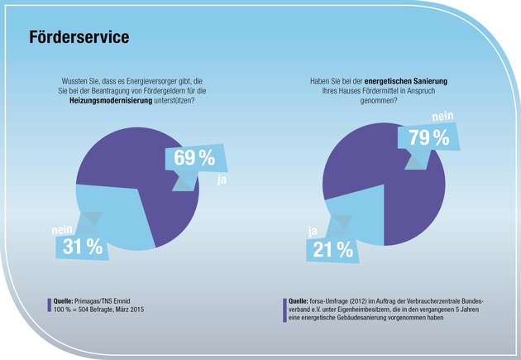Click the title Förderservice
point(79,38)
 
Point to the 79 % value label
point(428,137)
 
